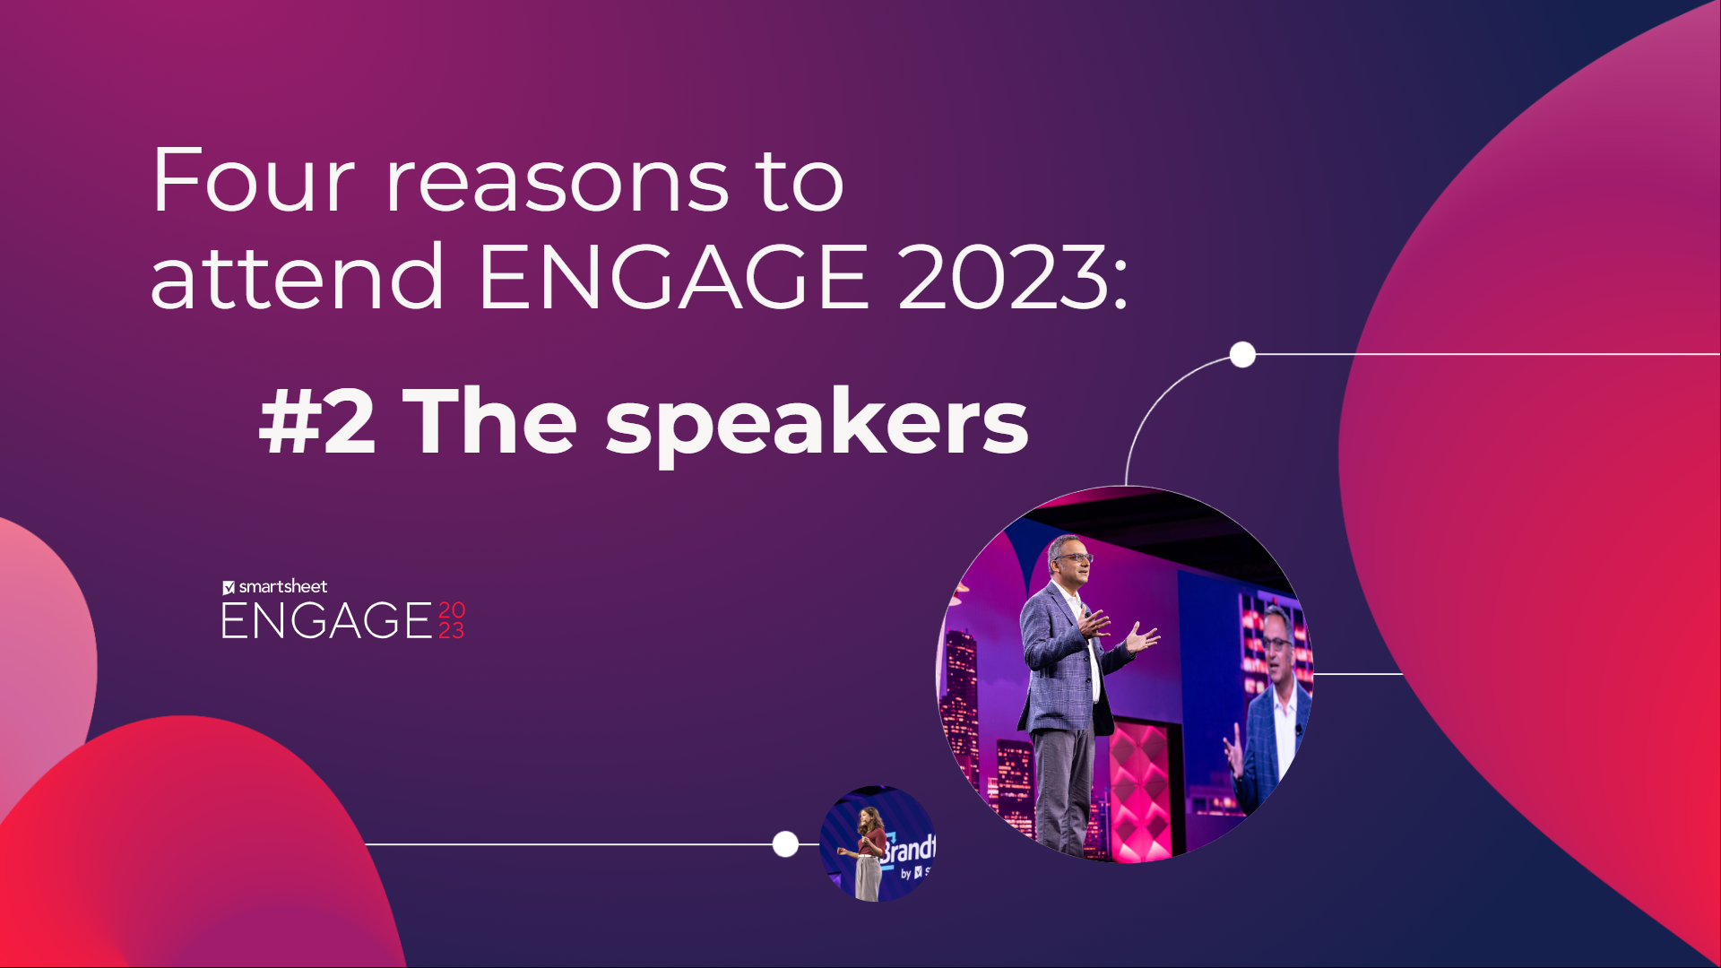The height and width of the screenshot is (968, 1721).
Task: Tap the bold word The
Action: pyautogui.click(x=490, y=421)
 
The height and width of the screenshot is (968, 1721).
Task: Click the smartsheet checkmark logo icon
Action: pyautogui.click(x=229, y=588)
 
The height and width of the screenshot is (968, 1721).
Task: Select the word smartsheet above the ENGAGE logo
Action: pyautogui.click(x=283, y=587)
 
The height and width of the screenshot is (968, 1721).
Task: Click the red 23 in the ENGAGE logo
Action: pyautogui.click(x=452, y=631)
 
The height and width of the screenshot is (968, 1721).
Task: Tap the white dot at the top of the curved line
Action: pyautogui.click(x=1242, y=355)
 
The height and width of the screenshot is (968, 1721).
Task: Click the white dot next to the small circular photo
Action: pyautogui.click(x=785, y=844)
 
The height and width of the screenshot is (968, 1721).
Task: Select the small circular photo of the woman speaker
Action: pyautogui.click(x=878, y=844)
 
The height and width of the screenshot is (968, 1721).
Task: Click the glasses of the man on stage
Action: pyautogui.click(x=1073, y=557)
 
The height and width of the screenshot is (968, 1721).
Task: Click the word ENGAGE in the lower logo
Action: pyautogui.click(x=327, y=621)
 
